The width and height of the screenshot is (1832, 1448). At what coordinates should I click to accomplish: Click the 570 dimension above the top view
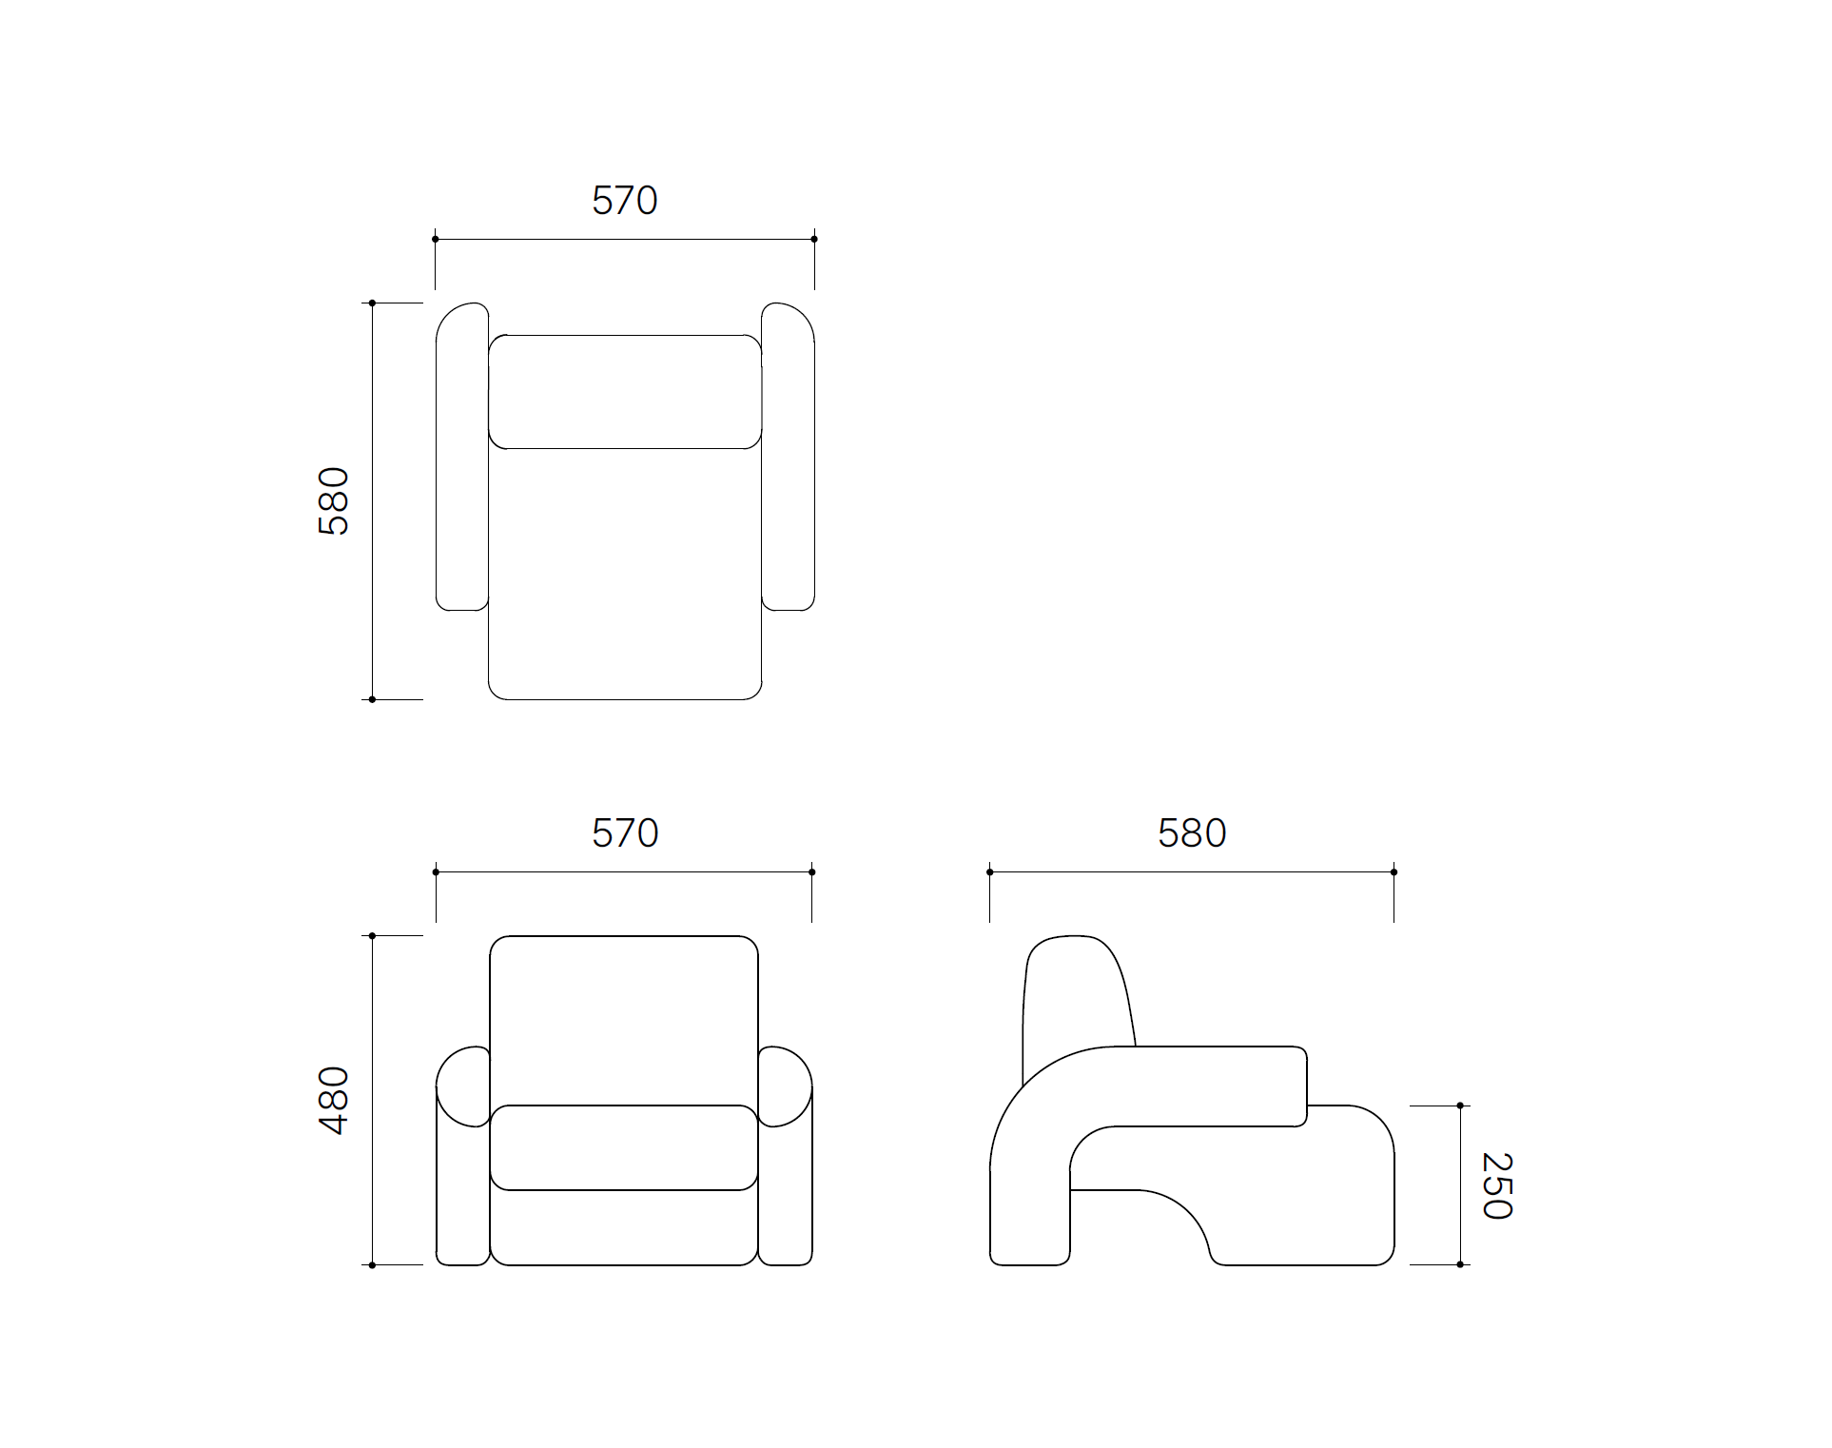coord(624,201)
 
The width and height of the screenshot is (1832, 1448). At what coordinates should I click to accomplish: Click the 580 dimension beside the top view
coord(334,501)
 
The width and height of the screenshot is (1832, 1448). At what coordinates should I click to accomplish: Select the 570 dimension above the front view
coord(624,833)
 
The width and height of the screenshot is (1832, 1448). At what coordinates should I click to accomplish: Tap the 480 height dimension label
coord(334,1101)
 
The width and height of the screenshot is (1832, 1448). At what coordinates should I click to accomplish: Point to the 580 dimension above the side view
coord(1192,833)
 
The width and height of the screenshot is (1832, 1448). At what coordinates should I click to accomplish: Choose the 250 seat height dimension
coord(1497,1185)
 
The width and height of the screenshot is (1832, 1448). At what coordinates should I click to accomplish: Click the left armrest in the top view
coord(462,457)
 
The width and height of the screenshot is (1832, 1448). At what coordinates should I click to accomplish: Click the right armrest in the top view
coord(788,457)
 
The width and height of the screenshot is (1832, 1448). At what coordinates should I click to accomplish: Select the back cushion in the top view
coord(625,391)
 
